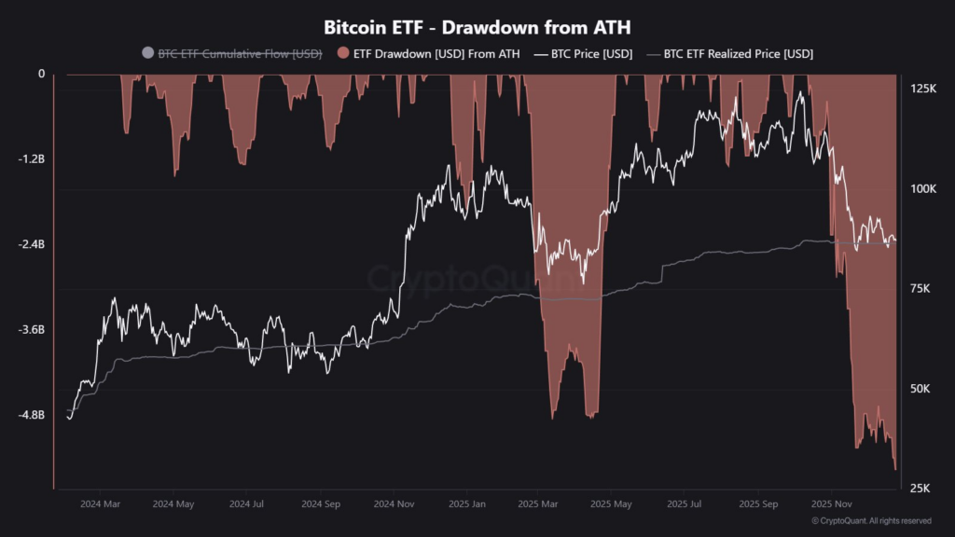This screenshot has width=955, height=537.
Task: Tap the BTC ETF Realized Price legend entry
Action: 738,54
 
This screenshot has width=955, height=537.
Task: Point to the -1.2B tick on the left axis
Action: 31,159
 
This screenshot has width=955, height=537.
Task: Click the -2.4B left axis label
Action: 31,244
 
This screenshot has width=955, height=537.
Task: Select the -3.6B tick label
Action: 31,330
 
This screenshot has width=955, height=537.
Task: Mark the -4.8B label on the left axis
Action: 31,415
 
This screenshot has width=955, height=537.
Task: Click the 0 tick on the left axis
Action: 41,75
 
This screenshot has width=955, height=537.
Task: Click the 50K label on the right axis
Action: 920,389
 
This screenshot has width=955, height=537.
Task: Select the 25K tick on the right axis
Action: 920,489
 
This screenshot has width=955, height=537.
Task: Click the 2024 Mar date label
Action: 100,504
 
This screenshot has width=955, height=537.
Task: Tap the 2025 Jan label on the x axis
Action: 465,504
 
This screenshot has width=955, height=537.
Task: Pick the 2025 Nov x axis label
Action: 832,504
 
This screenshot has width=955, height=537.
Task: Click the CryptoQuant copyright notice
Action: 871,521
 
